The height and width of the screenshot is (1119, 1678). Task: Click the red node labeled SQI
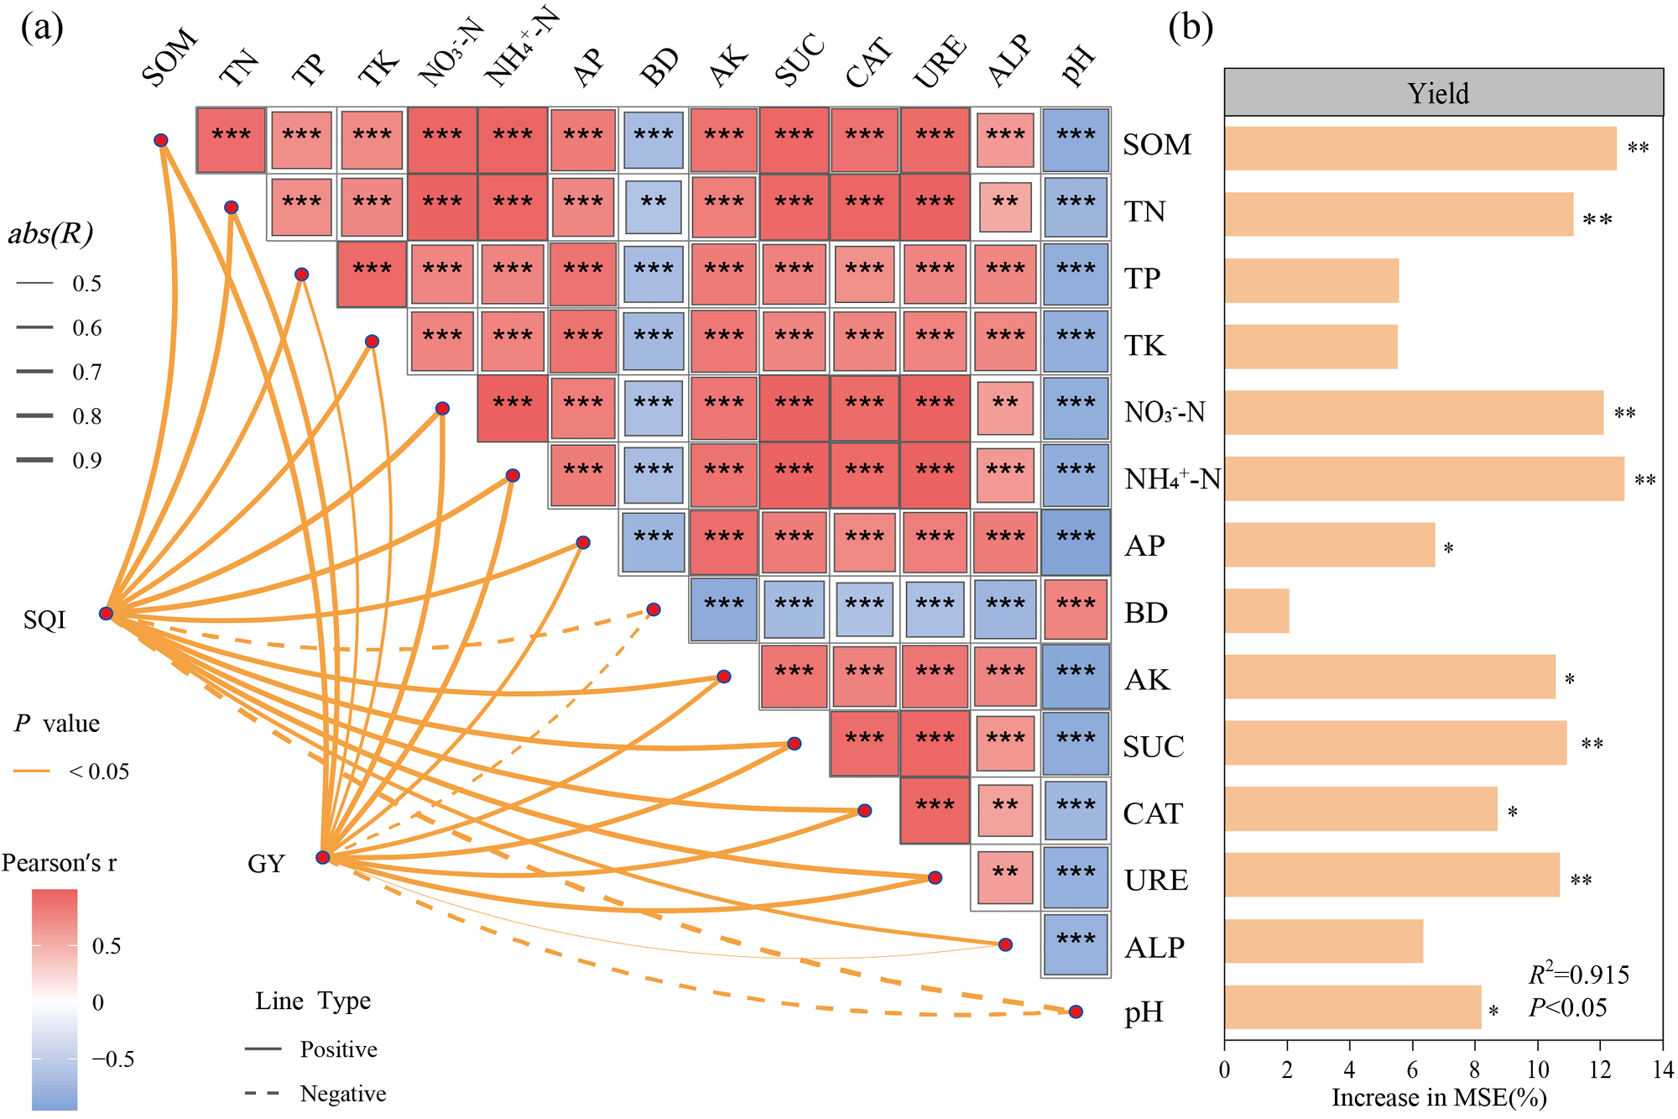pyautogui.click(x=107, y=614)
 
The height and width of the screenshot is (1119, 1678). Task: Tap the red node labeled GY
pyautogui.click(x=323, y=857)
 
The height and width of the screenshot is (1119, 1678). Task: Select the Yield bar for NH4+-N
pyautogui.click(x=1424, y=479)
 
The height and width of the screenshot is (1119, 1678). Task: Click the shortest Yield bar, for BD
pyautogui.click(x=1256, y=611)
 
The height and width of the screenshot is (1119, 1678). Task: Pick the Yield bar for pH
pyautogui.click(x=1352, y=1007)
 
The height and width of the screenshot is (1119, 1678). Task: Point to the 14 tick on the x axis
pyautogui.click(x=1663, y=1069)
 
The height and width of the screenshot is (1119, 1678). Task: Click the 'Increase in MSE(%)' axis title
pyautogui.click(x=1439, y=1098)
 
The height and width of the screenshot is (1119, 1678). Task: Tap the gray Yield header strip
pyautogui.click(x=1443, y=92)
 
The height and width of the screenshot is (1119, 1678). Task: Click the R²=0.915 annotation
pyautogui.click(x=1578, y=975)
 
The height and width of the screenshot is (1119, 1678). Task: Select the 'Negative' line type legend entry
pyautogui.click(x=342, y=1094)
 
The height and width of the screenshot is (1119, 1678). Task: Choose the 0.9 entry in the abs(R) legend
pyautogui.click(x=86, y=460)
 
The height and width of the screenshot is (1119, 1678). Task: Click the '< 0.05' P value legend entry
pyautogui.click(x=98, y=771)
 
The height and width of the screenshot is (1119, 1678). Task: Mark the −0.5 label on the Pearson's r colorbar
pyautogui.click(x=113, y=1059)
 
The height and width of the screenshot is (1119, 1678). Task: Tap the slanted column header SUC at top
pyautogui.click(x=799, y=60)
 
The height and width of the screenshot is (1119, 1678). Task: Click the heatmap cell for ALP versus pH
pyautogui.click(x=1076, y=944)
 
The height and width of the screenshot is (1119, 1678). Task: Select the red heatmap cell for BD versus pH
pyautogui.click(x=1076, y=609)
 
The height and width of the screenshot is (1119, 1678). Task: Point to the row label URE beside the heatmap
pyautogui.click(x=1156, y=880)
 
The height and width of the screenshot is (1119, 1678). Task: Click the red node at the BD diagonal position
pyautogui.click(x=654, y=609)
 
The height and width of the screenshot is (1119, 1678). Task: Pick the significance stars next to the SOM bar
pyautogui.click(x=1638, y=149)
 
